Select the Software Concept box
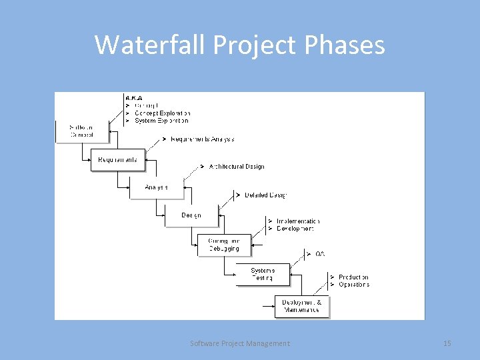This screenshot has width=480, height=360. pyautogui.click(x=82, y=131)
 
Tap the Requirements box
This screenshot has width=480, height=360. pyautogui.click(x=117, y=160)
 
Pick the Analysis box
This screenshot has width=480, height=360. pyautogui.click(x=156, y=187)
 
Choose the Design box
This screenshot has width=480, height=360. pyautogui.click(x=191, y=215)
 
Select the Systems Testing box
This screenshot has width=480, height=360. pyautogui.click(x=263, y=274)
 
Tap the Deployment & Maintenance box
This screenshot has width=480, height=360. pyautogui.click(x=301, y=306)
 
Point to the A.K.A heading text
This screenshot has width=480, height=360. pyautogui.click(x=134, y=98)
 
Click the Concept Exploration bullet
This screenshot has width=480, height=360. pyautogui.click(x=162, y=113)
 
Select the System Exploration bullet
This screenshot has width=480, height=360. pyautogui.click(x=161, y=121)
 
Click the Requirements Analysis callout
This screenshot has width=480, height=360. pyautogui.click(x=202, y=139)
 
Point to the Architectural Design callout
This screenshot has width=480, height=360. pyautogui.click(x=236, y=167)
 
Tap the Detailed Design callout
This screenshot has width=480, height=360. pyautogui.click(x=265, y=195)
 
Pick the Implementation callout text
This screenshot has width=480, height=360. pyautogui.click(x=297, y=221)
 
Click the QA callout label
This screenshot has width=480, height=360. pyautogui.click(x=320, y=253)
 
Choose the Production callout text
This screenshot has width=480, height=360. pyautogui.click(x=353, y=277)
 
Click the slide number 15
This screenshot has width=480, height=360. pyautogui.click(x=447, y=343)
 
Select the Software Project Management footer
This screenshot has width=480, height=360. pyautogui.click(x=240, y=343)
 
